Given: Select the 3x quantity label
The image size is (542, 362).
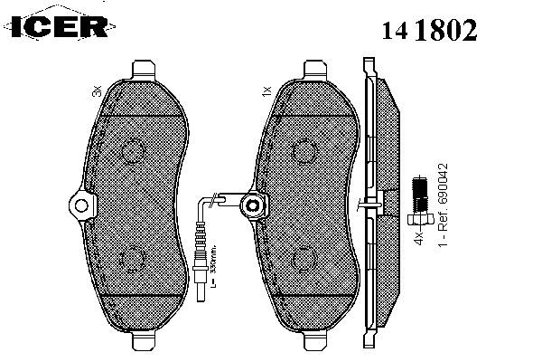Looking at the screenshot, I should click(97, 91).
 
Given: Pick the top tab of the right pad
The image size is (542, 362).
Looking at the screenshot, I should click(313, 70).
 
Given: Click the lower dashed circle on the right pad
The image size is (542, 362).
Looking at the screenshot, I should click(305, 257).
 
